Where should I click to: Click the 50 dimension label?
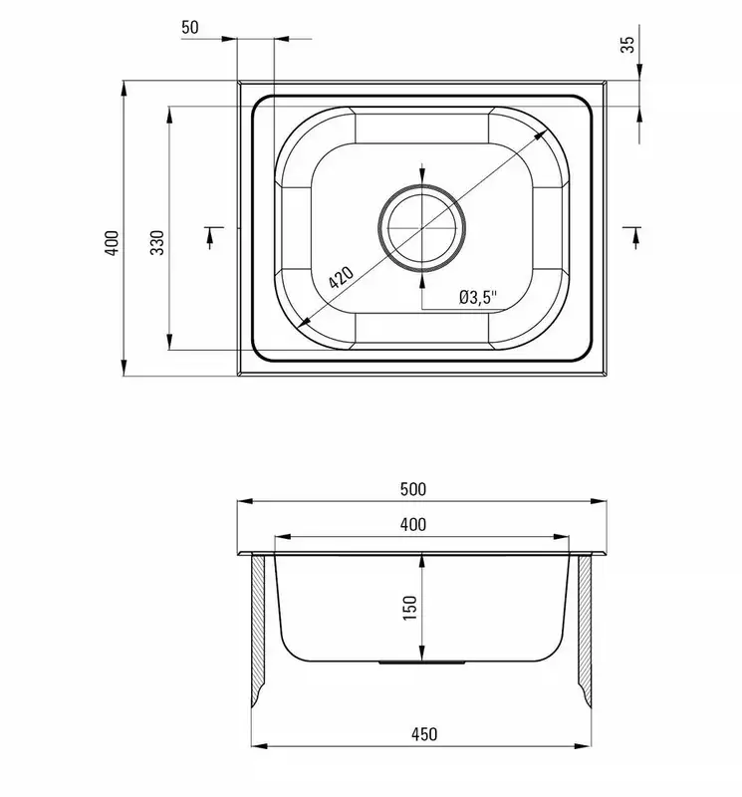click(x=190, y=27)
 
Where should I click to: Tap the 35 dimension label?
click(x=628, y=44)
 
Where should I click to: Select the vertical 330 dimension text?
click(x=157, y=242)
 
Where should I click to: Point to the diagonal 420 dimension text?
click(x=341, y=277)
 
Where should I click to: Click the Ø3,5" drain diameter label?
click(x=478, y=297)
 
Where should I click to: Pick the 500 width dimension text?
click(x=413, y=489)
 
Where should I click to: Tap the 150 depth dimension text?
click(x=409, y=608)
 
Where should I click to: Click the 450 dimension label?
click(x=424, y=734)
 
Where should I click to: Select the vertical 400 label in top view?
click(x=112, y=243)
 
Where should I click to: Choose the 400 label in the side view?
click(x=413, y=525)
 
